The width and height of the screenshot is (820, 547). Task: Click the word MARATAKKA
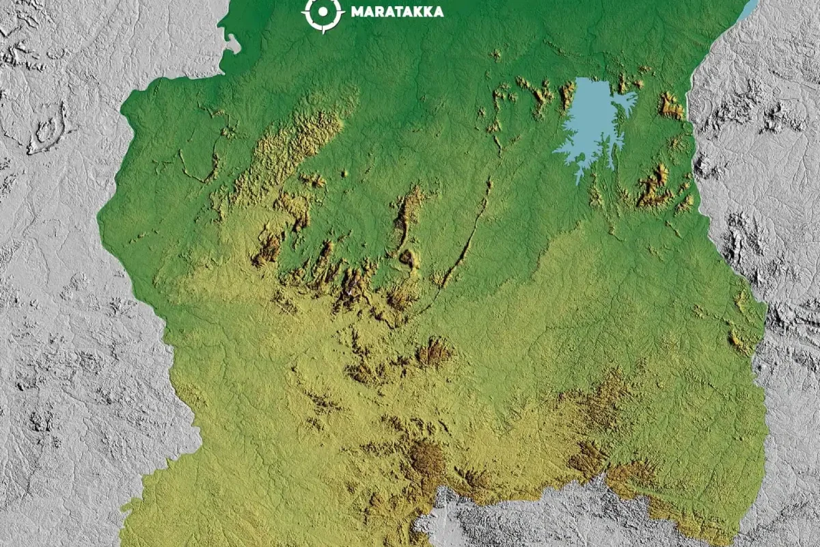(396, 12)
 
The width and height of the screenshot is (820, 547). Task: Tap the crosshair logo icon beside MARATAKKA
(323, 12)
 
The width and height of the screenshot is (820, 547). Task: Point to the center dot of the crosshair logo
(323, 12)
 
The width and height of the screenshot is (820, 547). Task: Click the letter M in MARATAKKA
(356, 12)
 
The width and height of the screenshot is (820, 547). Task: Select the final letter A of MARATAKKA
(438, 12)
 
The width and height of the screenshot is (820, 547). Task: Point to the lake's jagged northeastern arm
(625, 103)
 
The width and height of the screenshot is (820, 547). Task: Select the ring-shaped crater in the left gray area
(46, 130)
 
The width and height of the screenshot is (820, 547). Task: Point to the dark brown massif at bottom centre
(427, 458)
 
